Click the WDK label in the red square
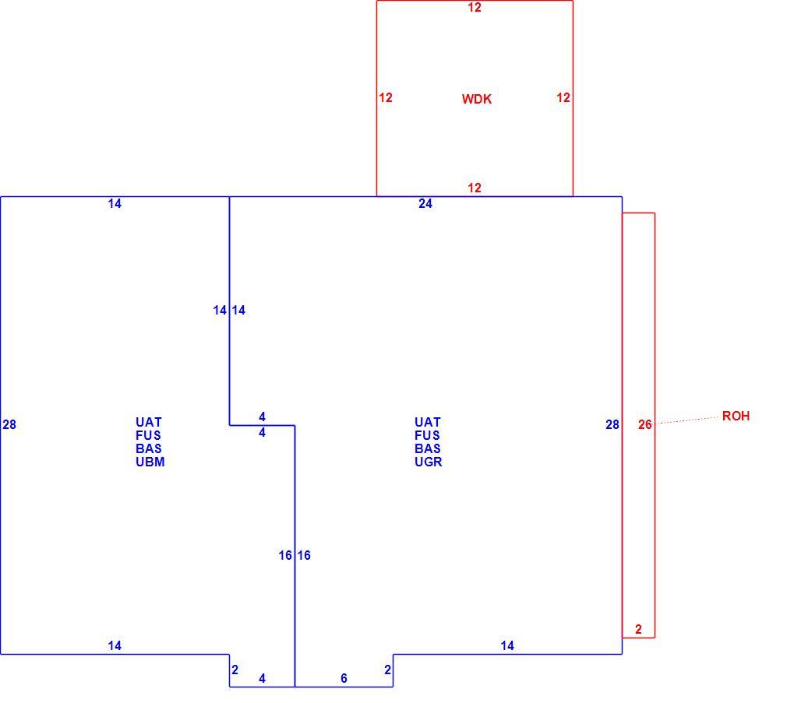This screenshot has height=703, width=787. click(x=476, y=99)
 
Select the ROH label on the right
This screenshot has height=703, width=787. click(x=736, y=416)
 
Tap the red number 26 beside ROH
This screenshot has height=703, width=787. click(x=645, y=425)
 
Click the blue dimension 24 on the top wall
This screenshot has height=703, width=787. click(x=425, y=203)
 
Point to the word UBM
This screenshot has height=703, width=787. click(x=150, y=462)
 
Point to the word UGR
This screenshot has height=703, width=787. click(x=428, y=462)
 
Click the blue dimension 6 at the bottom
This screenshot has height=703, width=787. click(x=344, y=678)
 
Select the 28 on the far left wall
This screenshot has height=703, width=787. click(x=9, y=425)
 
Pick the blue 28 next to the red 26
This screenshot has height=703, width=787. click(x=612, y=425)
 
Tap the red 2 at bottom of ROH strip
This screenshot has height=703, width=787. click(x=638, y=629)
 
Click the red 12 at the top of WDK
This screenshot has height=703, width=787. click(x=475, y=8)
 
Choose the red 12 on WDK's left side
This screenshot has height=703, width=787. click(x=386, y=98)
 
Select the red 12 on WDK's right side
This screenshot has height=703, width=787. click(x=563, y=98)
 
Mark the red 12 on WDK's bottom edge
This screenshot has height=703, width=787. click(x=475, y=188)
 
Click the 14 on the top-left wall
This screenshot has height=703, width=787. click(x=115, y=203)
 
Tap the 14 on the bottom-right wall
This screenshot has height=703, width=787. click(x=507, y=646)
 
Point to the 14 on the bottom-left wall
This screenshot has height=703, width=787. click(x=115, y=646)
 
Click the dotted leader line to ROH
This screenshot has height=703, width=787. click(x=687, y=420)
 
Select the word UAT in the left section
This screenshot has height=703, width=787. click(x=149, y=422)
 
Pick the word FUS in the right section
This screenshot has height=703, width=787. click(x=427, y=435)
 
